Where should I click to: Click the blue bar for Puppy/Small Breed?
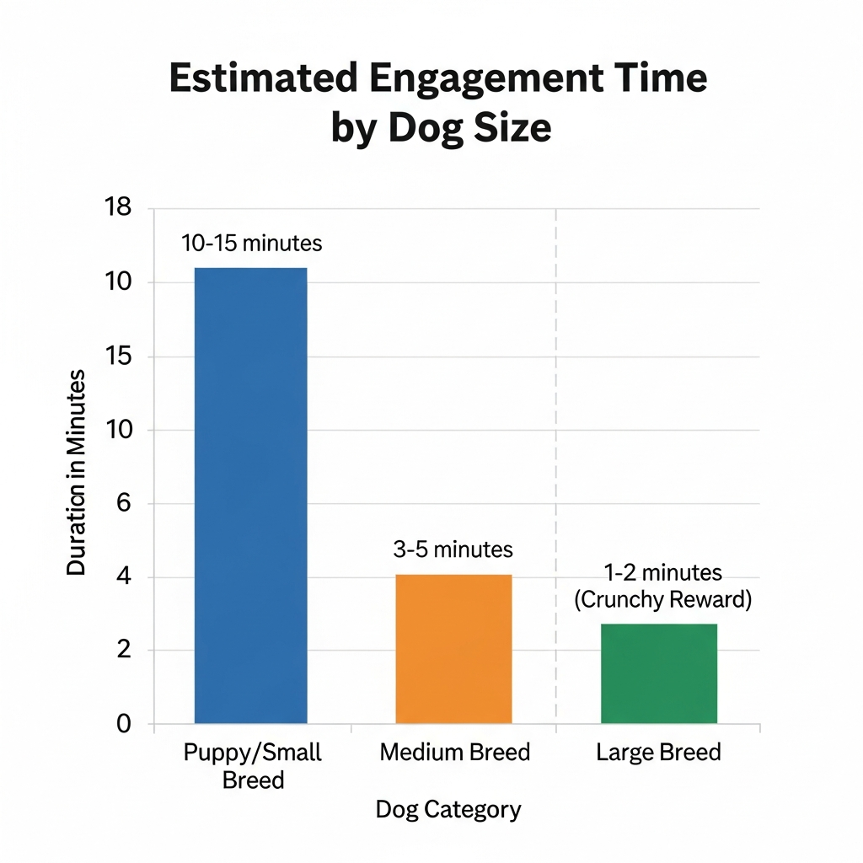click(250, 495)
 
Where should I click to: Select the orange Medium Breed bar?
click(453, 648)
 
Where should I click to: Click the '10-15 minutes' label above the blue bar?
click(251, 244)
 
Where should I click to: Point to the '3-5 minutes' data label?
click(453, 549)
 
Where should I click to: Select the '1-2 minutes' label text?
click(662, 573)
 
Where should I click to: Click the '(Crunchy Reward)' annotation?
click(662, 600)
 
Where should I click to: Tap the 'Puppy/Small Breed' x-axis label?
click(253, 765)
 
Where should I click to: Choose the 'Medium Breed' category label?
click(455, 752)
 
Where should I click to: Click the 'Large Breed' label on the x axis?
click(658, 752)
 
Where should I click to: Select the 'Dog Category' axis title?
click(448, 810)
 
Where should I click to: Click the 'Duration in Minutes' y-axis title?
click(77, 472)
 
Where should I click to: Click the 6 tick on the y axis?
click(123, 503)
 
